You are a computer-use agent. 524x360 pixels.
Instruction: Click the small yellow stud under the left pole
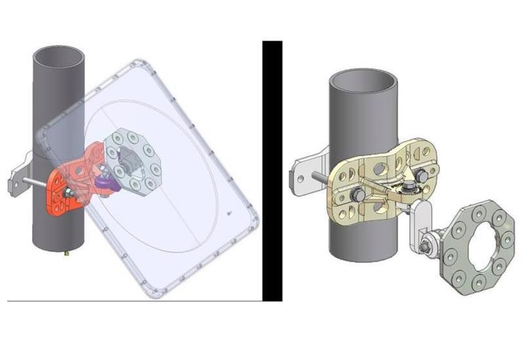(67, 251)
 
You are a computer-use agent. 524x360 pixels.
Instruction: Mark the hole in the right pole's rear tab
(299, 178)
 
